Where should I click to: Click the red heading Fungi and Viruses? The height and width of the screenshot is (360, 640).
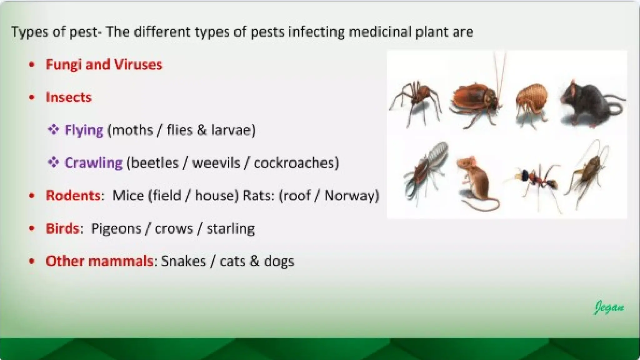(x=104, y=65)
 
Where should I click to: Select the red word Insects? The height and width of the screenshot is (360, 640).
(x=69, y=97)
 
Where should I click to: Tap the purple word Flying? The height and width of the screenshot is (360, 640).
(x=84, y=130)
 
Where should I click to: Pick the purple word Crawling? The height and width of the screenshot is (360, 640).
(x=93, y=163)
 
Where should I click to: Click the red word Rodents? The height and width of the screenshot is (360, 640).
(x=73, y=196)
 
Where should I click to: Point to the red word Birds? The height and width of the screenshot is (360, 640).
(x=62, y=228)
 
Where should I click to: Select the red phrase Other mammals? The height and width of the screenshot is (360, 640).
(x=99, y=261)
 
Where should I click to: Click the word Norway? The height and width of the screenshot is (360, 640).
(x=349, y=196)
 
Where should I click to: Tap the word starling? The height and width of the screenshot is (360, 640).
(x=231, y=228)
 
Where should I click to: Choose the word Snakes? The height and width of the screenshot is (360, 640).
(x=183, y=261)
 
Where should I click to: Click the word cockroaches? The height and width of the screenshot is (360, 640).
(x=294, y=163)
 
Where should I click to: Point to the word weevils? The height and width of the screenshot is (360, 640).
(x=216, y=163)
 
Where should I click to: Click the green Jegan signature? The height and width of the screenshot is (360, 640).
(x=608, y=308)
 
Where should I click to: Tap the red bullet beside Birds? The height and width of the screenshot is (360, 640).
(x=32, y=228)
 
